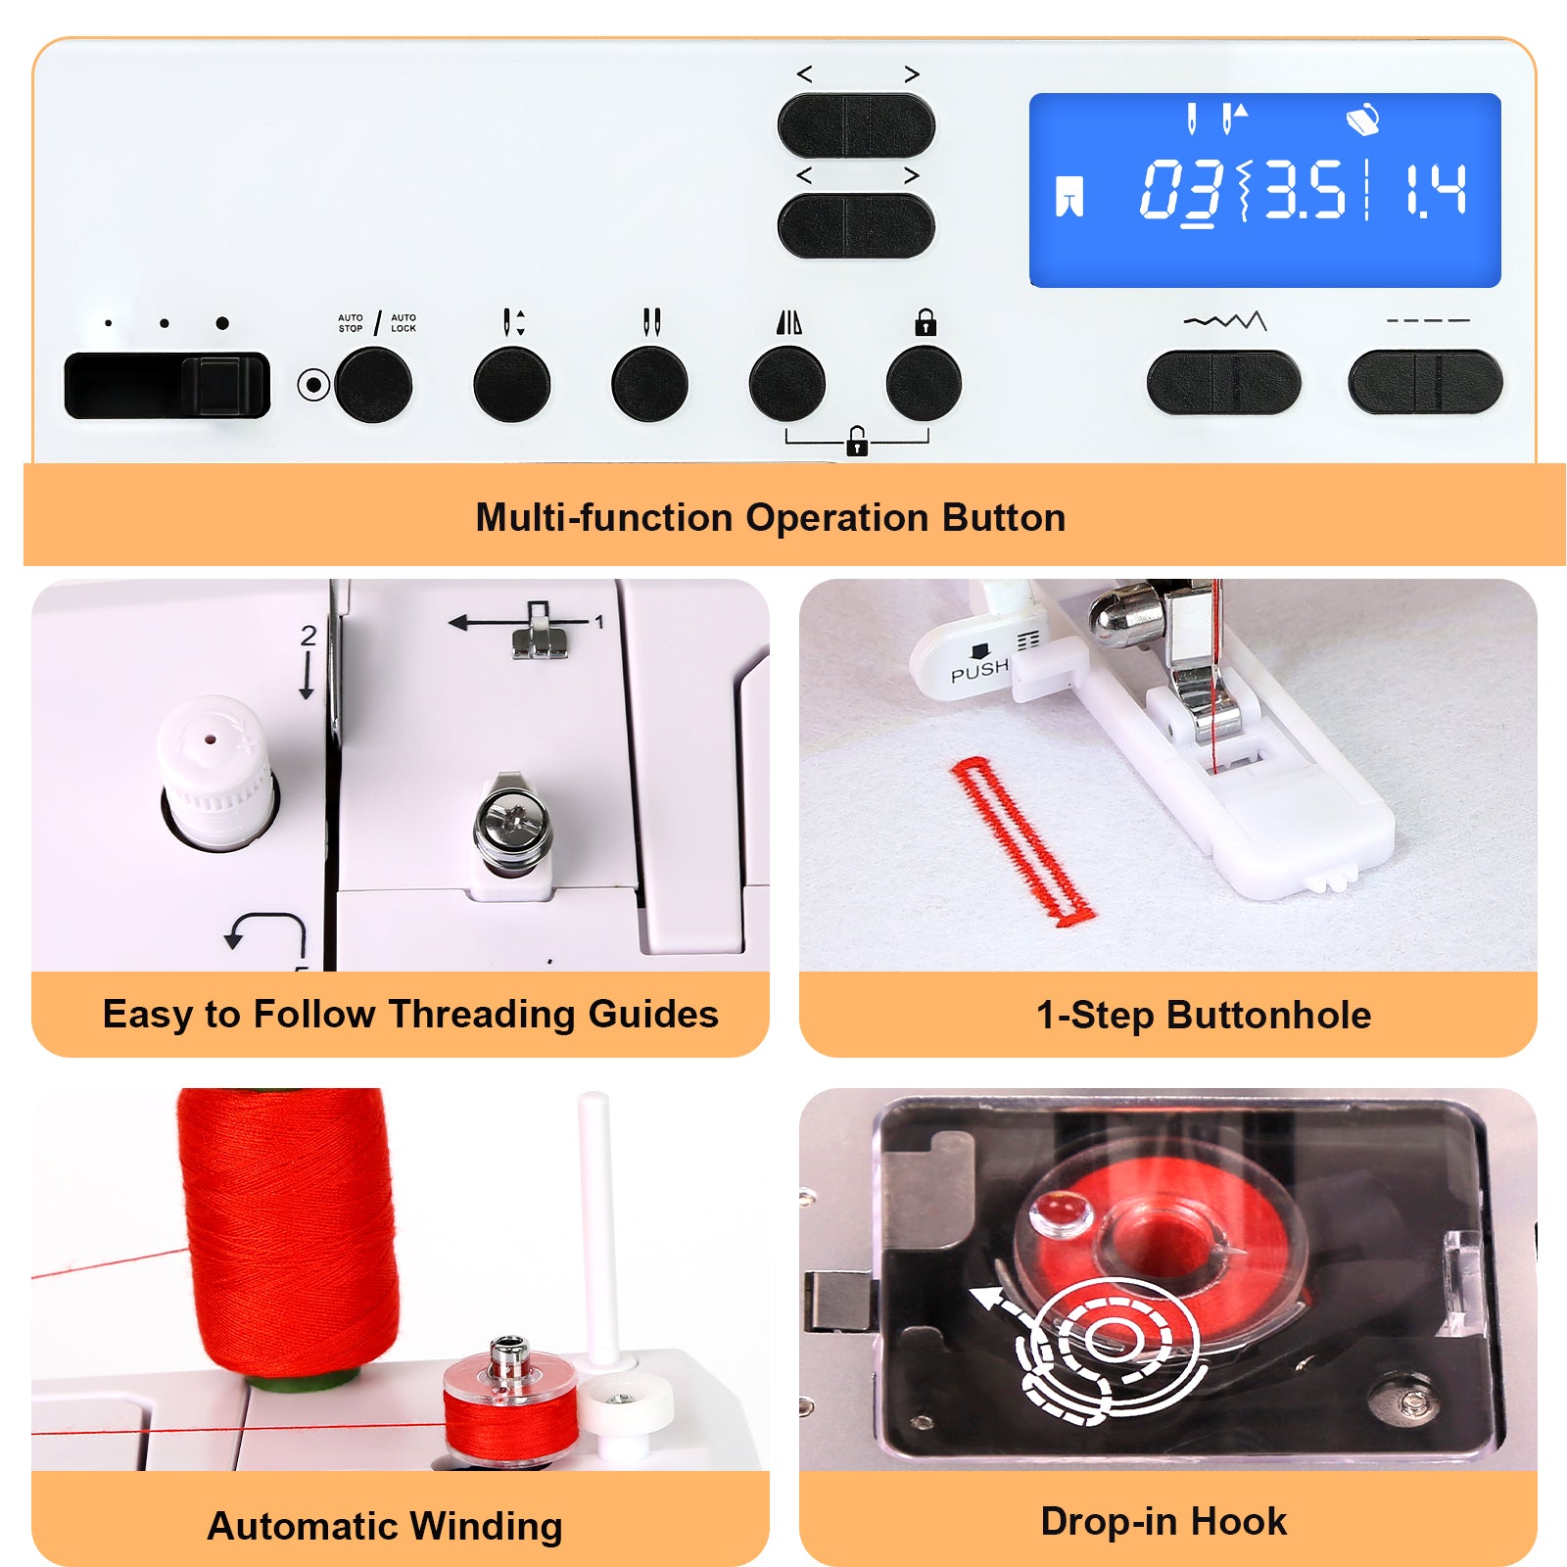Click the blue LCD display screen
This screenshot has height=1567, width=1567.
click(1264, 190)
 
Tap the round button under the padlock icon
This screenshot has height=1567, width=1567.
click(924, 383)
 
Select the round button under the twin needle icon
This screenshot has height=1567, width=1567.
click(649, 383)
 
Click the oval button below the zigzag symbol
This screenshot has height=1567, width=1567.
click(1224, 382)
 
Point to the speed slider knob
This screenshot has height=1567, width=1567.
click(223, 385)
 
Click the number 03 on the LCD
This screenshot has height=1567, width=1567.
click(1181, 190)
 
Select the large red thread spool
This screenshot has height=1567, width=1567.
click(290, 1234)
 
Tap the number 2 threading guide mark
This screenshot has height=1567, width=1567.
click(309, 636)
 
